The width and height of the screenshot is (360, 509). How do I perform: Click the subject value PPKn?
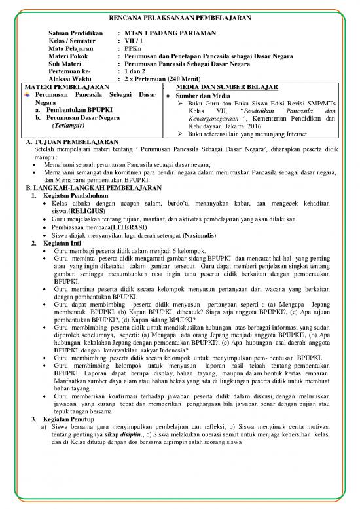tap(134, 49)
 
